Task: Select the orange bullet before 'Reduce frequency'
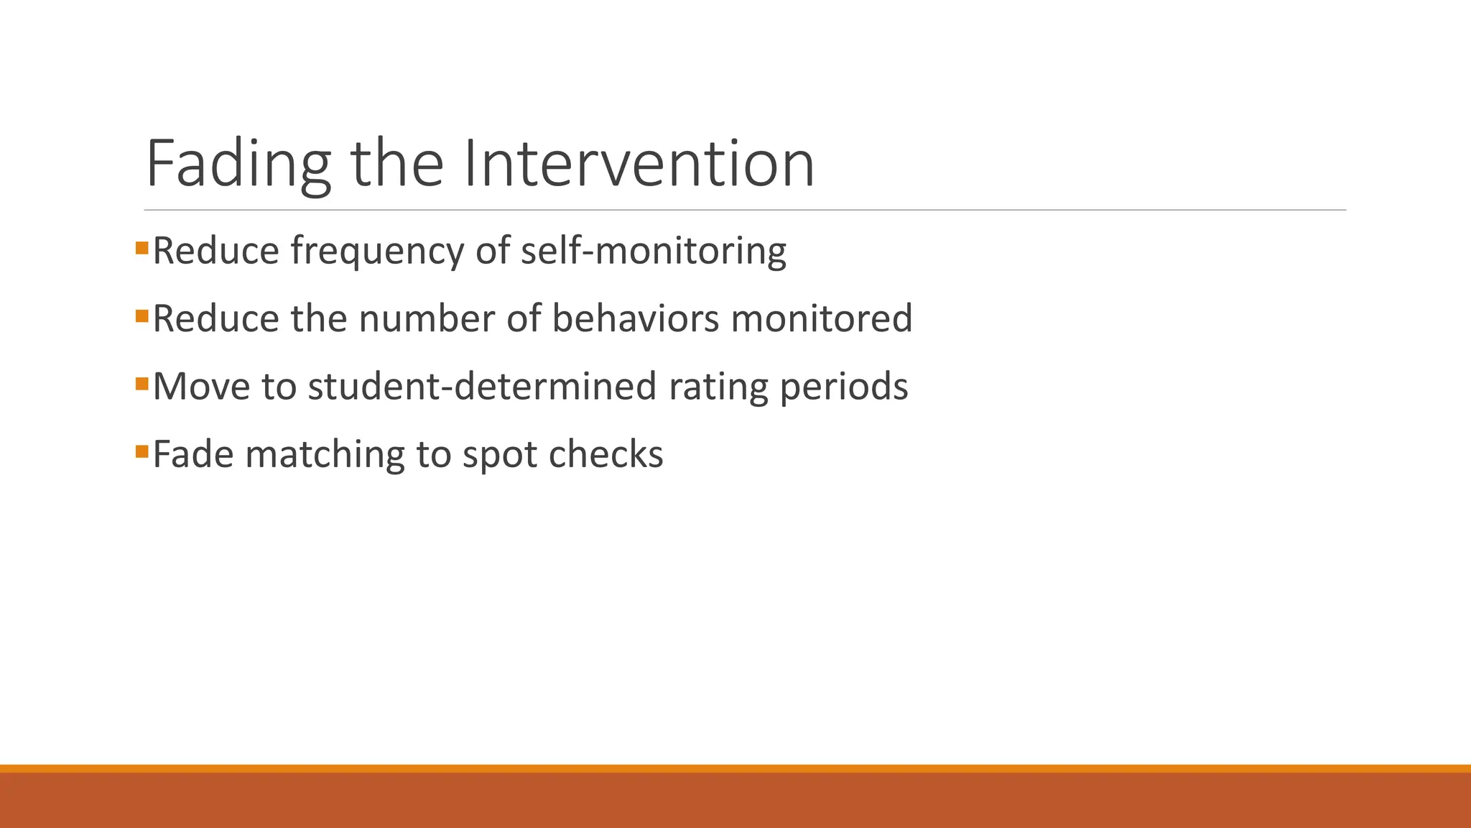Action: [x=141, y=249]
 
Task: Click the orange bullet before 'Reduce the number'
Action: [x=141, y=316]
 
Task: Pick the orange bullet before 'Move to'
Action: [x=141, y=384]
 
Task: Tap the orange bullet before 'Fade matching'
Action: [x=141, y=451]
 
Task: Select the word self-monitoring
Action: [x=653, y=252]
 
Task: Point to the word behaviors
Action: [x=635, y=318]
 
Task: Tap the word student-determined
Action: [x=482, y=387]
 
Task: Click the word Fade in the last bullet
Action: [x=193, y=454]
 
